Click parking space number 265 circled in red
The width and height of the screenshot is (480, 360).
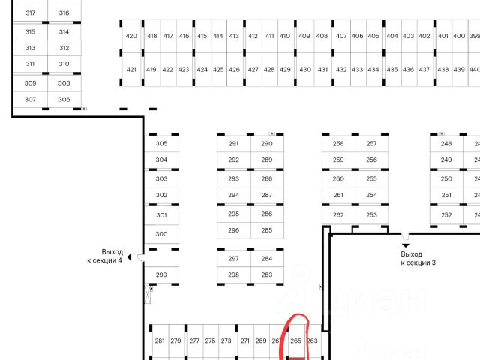click(295, 340)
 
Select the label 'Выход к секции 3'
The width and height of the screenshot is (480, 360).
click(418, 259)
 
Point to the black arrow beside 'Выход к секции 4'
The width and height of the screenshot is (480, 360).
click(129, 257)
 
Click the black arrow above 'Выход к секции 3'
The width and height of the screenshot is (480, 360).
click(406, 244)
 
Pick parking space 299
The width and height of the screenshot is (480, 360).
click(161, 275)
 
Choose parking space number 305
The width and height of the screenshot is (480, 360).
click(161, 143)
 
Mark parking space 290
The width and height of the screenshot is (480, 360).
click(267, 143)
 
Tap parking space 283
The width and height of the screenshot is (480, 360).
click(267, 275)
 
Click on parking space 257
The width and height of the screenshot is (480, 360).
click(372, 143)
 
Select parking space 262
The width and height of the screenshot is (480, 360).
click(338, 215)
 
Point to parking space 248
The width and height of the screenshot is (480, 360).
click(446, 143)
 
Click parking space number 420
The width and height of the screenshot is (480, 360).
click(131, 36)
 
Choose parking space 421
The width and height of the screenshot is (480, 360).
click(131, 70)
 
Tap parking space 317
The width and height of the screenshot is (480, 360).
click(30, 13)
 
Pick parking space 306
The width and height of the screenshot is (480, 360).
click(64, 100)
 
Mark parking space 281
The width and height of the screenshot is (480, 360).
click(159, 341)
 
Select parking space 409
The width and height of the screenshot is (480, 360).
click(304, 36)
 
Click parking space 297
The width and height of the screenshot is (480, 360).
click(233, 259)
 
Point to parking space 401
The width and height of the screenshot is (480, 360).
click(442, 36)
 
